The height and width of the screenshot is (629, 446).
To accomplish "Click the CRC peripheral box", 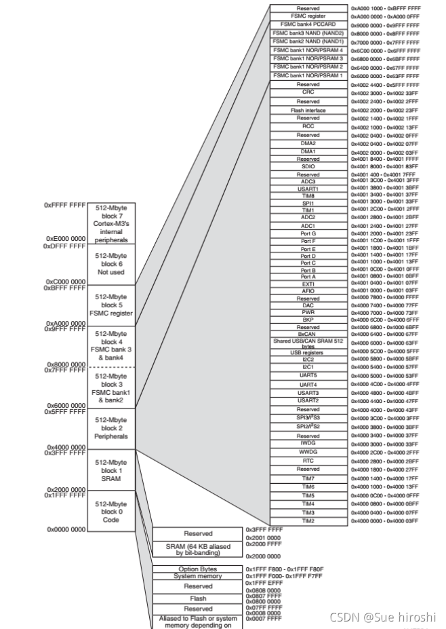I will coord(308,92).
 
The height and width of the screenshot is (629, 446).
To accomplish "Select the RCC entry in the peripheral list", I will coord(308,126).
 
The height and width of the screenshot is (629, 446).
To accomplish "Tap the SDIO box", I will coord(308,166).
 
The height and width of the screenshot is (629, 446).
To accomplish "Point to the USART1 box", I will coord(308,189).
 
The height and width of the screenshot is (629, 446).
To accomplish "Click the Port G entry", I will coord(308,233).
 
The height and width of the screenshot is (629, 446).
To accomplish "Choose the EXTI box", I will coord(308,284).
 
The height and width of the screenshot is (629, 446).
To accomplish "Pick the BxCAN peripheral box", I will coord(308,334).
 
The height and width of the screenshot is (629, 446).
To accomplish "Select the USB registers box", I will coord(308,353).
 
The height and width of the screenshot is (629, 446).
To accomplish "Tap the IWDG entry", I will coord(308,444).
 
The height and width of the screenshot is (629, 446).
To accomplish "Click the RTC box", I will coord(308,461).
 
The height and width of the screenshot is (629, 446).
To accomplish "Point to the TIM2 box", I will coord(308,520).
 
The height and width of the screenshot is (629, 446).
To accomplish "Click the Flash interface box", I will coord(308,110).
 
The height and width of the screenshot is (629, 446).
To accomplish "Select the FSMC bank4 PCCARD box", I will coord(308,24).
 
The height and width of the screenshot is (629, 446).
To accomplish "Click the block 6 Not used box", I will coord(111,264).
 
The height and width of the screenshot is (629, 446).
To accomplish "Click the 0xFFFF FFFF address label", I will coord(64,204).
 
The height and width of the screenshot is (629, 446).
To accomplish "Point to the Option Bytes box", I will coord(198,569).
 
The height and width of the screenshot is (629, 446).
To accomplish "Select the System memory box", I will coord(198,576).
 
